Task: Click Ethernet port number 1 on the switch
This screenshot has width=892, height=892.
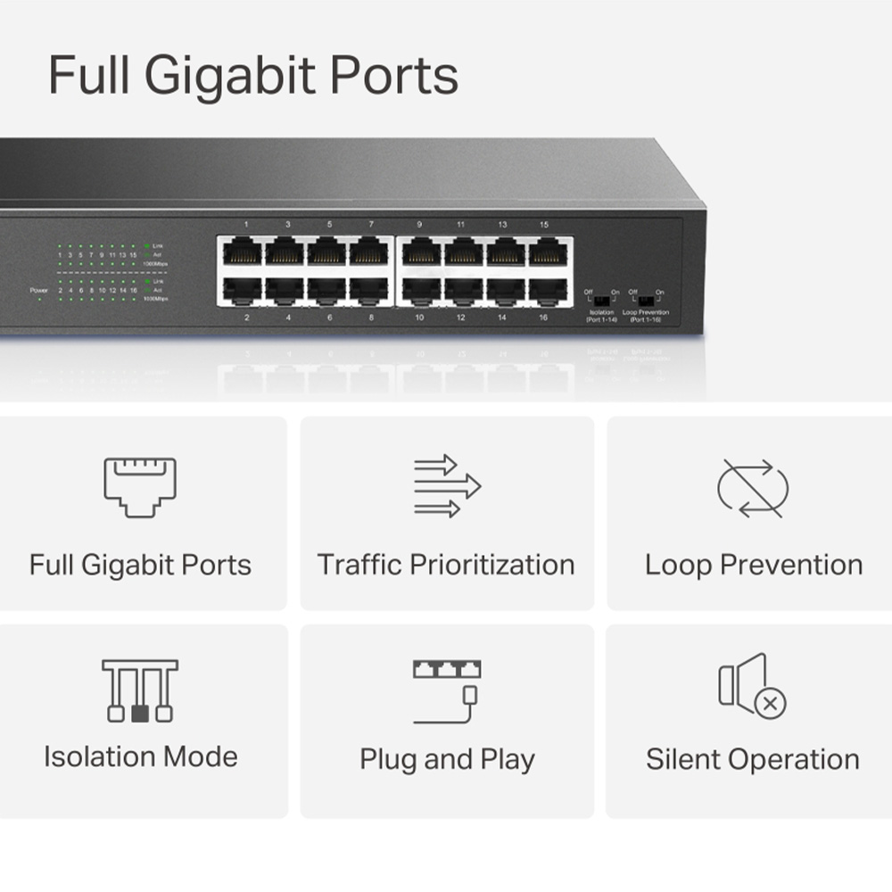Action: (x=243, y=251)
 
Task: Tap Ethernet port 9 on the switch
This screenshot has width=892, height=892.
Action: (x=419, y=251)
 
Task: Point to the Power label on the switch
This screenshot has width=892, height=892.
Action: (x=38, y=291)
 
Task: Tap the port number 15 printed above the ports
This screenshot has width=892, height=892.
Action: (x=543, y=225)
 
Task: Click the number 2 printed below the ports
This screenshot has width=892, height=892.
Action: (x=246, y=317)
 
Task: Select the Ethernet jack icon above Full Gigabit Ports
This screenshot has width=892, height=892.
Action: (x=140, y=486)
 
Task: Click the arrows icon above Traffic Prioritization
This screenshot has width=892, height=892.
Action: (x=447, y=486)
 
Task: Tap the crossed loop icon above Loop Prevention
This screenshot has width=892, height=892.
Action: (x=753, y=487)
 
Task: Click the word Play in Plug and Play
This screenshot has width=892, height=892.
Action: (x=508, y=760)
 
